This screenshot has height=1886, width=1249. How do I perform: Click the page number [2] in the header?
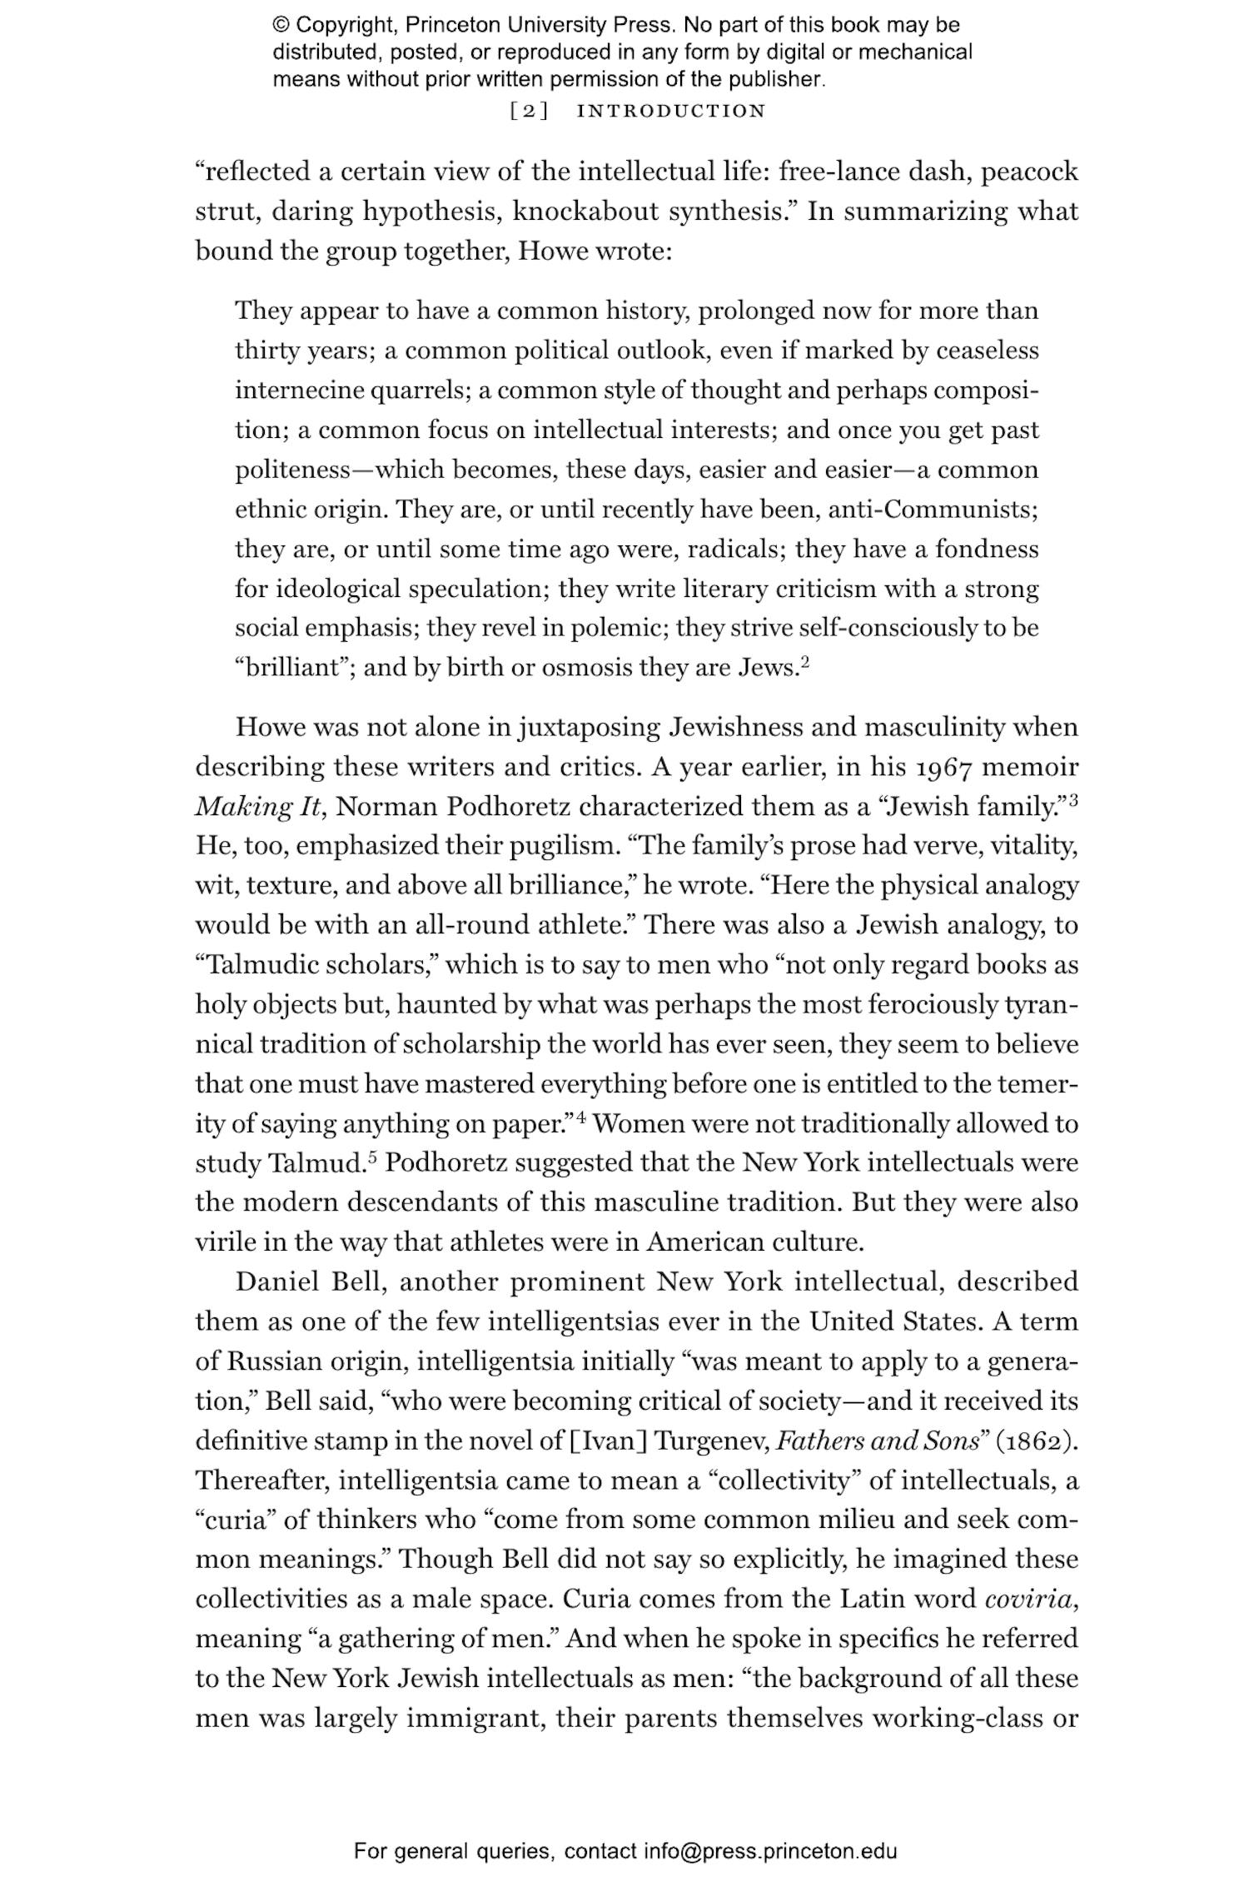pyautogui.click(x=528, y=111)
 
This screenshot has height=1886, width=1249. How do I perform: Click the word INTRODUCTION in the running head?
pyautogui.click(x=671, y=111)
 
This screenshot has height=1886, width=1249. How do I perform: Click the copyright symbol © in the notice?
pyautogui.click(x=281, y=25)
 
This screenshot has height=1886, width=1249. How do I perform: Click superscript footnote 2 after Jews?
pyautogui.click(x=805, y=663)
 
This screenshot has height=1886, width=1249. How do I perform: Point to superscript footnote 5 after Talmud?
pyautogui.click(x=375, y=1157)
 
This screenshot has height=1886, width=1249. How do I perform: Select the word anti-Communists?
pyautogui.click(x=933, y=509)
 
